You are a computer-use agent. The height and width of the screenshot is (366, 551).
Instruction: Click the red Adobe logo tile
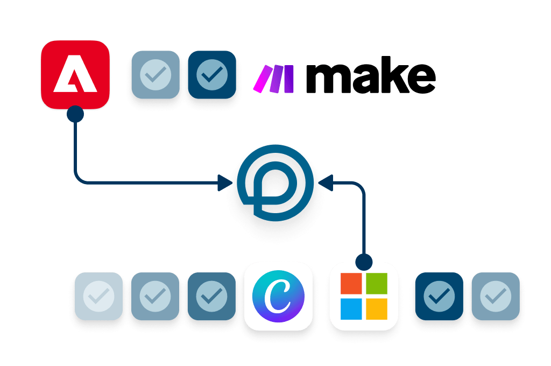75,74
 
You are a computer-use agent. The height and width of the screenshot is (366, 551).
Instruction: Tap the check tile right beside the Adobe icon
156,75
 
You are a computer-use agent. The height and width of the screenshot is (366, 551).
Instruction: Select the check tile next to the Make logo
211,75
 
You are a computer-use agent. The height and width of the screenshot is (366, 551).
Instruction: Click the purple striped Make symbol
274,78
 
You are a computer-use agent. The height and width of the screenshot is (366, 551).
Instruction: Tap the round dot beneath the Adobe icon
75,114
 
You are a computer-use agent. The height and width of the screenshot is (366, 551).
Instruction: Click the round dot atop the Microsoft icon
364,262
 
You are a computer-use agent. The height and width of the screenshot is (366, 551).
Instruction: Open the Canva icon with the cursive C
278,295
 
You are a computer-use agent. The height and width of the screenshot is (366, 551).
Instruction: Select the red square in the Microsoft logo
352,284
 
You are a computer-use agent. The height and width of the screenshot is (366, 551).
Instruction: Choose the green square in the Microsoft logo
376,284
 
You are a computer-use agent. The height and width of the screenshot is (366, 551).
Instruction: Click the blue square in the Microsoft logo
352,308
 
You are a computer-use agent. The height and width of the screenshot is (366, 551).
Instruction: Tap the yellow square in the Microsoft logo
376,308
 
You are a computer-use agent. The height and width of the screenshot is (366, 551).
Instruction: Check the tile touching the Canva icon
211,295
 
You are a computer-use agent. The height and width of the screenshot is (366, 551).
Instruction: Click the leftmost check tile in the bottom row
100,295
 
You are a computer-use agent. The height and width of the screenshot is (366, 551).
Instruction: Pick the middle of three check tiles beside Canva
156,295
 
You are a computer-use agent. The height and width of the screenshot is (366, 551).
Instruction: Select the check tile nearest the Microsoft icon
439,295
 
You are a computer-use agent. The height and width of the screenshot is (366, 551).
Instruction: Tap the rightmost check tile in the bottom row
496,295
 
